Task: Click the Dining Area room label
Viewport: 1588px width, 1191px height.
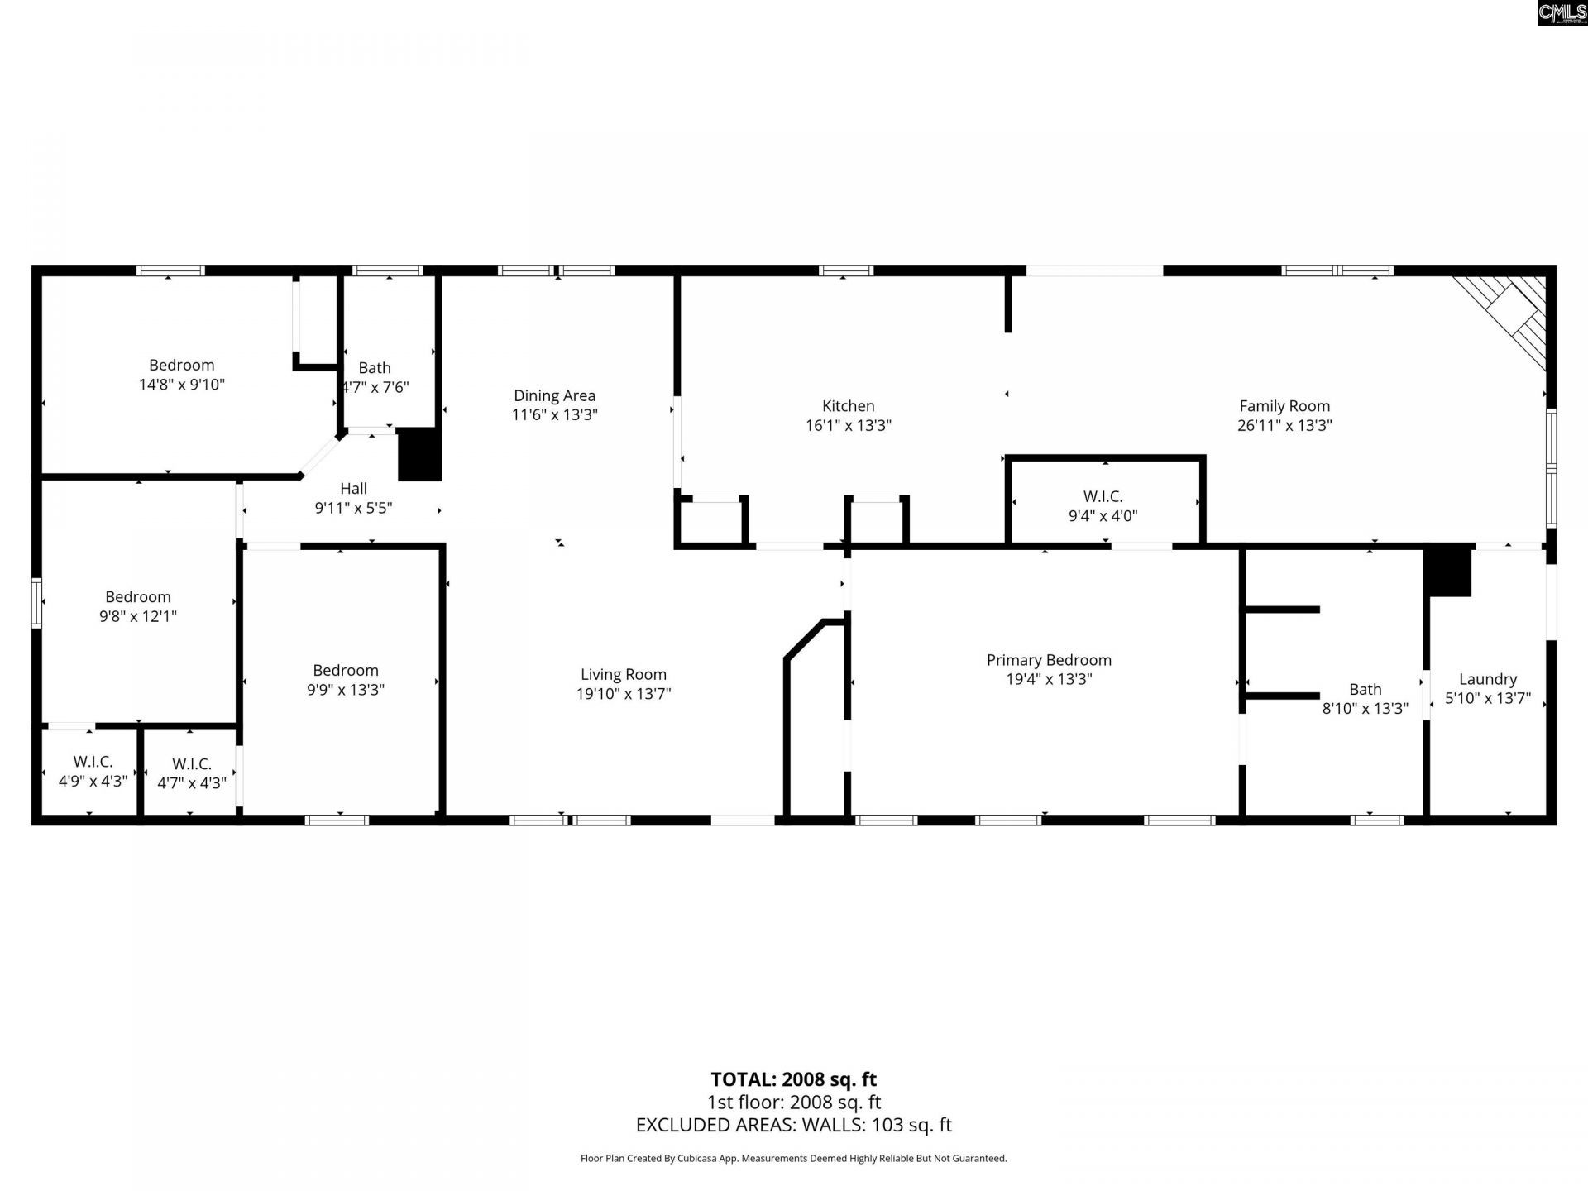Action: pos(554,396)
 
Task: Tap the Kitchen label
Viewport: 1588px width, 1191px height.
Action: pos(848,406)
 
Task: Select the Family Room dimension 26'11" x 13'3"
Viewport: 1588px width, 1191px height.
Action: pos(1284,426)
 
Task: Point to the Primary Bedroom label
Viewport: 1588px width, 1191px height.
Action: pos(1049,660)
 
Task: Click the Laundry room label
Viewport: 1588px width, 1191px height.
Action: pos(1488,679)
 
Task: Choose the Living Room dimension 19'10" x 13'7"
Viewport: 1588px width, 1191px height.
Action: pos(624,694)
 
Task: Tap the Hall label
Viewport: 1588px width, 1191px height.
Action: pos(353,489)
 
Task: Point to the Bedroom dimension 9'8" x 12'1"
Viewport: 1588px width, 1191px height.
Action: pos(138,616)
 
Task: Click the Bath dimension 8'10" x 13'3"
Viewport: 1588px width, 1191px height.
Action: pos(1366,709)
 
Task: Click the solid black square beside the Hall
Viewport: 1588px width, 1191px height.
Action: pos(419,454)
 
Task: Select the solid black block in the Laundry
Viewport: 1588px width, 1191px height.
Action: pos(1447,572)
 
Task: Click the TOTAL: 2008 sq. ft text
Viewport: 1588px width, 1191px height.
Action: pos(794,1079)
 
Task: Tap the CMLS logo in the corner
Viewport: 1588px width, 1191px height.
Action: pos(1562,13)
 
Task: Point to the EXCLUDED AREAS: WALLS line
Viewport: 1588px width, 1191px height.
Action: pos(794,1125)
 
